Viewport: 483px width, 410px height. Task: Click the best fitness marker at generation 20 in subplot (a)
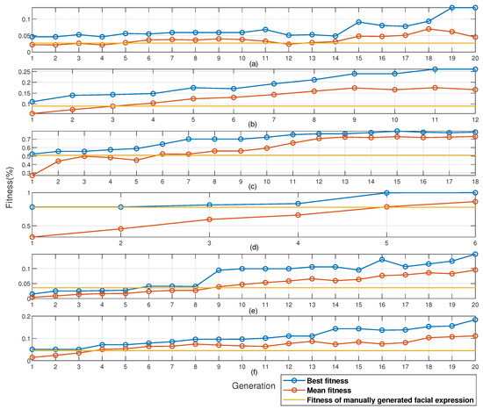(475, 7)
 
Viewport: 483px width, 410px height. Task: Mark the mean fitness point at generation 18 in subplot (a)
(429, 29)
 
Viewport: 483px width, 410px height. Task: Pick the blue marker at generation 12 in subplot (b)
(475, 69)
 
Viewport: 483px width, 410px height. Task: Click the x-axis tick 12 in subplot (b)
(475, 121)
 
